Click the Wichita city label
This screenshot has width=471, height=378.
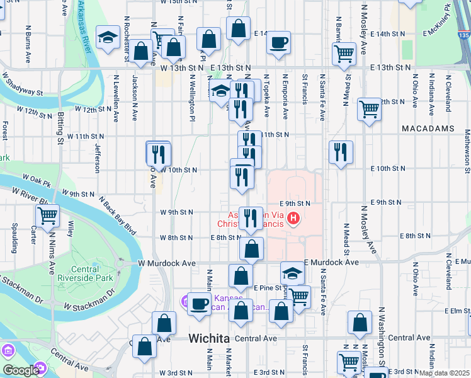pyautogui.click(x=209, y=338)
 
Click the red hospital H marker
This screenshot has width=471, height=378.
pyautogui.click(x=293, y=219)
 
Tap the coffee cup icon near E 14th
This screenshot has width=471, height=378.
pyautogui.click(x=278, y=43)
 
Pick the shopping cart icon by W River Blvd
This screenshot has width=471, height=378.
pyautogui.click(x=47, y=215)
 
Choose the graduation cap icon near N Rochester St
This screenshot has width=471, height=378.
pyautogui.click(x=108, y=38)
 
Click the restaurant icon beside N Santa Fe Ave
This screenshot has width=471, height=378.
pyautogui.click(x=341, y=151)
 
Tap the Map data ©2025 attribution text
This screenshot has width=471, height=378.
pyautogui.click(x=444, y=373)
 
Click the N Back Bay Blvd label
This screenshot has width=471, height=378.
pyautogui.click(x=117, y=215)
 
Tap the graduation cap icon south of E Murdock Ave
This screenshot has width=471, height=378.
pyautogui.click(x=292, y=273)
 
